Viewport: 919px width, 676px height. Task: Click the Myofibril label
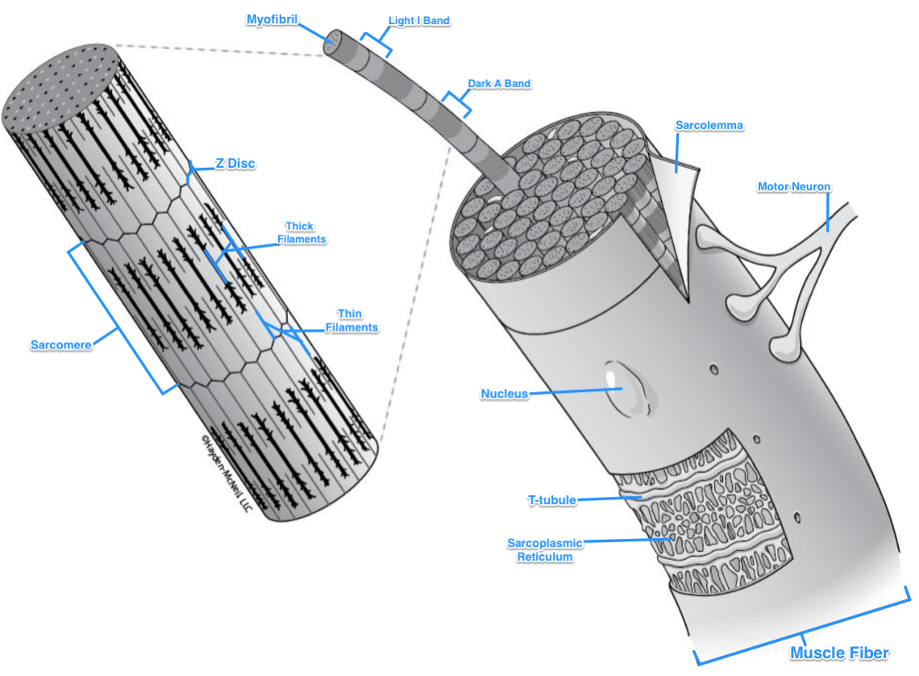[x=272, y=19]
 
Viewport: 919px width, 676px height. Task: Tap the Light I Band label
[x=419, y=20]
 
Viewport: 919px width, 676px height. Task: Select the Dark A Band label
[x=499, y=83]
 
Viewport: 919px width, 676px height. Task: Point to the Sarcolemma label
[x=709, y=125]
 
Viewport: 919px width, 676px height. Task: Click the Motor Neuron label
[x=793, y=187]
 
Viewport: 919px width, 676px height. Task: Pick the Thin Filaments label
[x=351, y=321]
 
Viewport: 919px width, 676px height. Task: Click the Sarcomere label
[x=60, y=345]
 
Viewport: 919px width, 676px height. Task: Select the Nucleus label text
[x=505, y=394]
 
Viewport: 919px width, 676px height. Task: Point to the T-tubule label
[x=551, y=500]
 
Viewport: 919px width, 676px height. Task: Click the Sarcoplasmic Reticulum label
[x=544, y=549]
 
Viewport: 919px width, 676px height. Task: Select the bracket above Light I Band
[x=375, y=42]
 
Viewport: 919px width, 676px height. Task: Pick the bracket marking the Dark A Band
[x=457, y=104]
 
